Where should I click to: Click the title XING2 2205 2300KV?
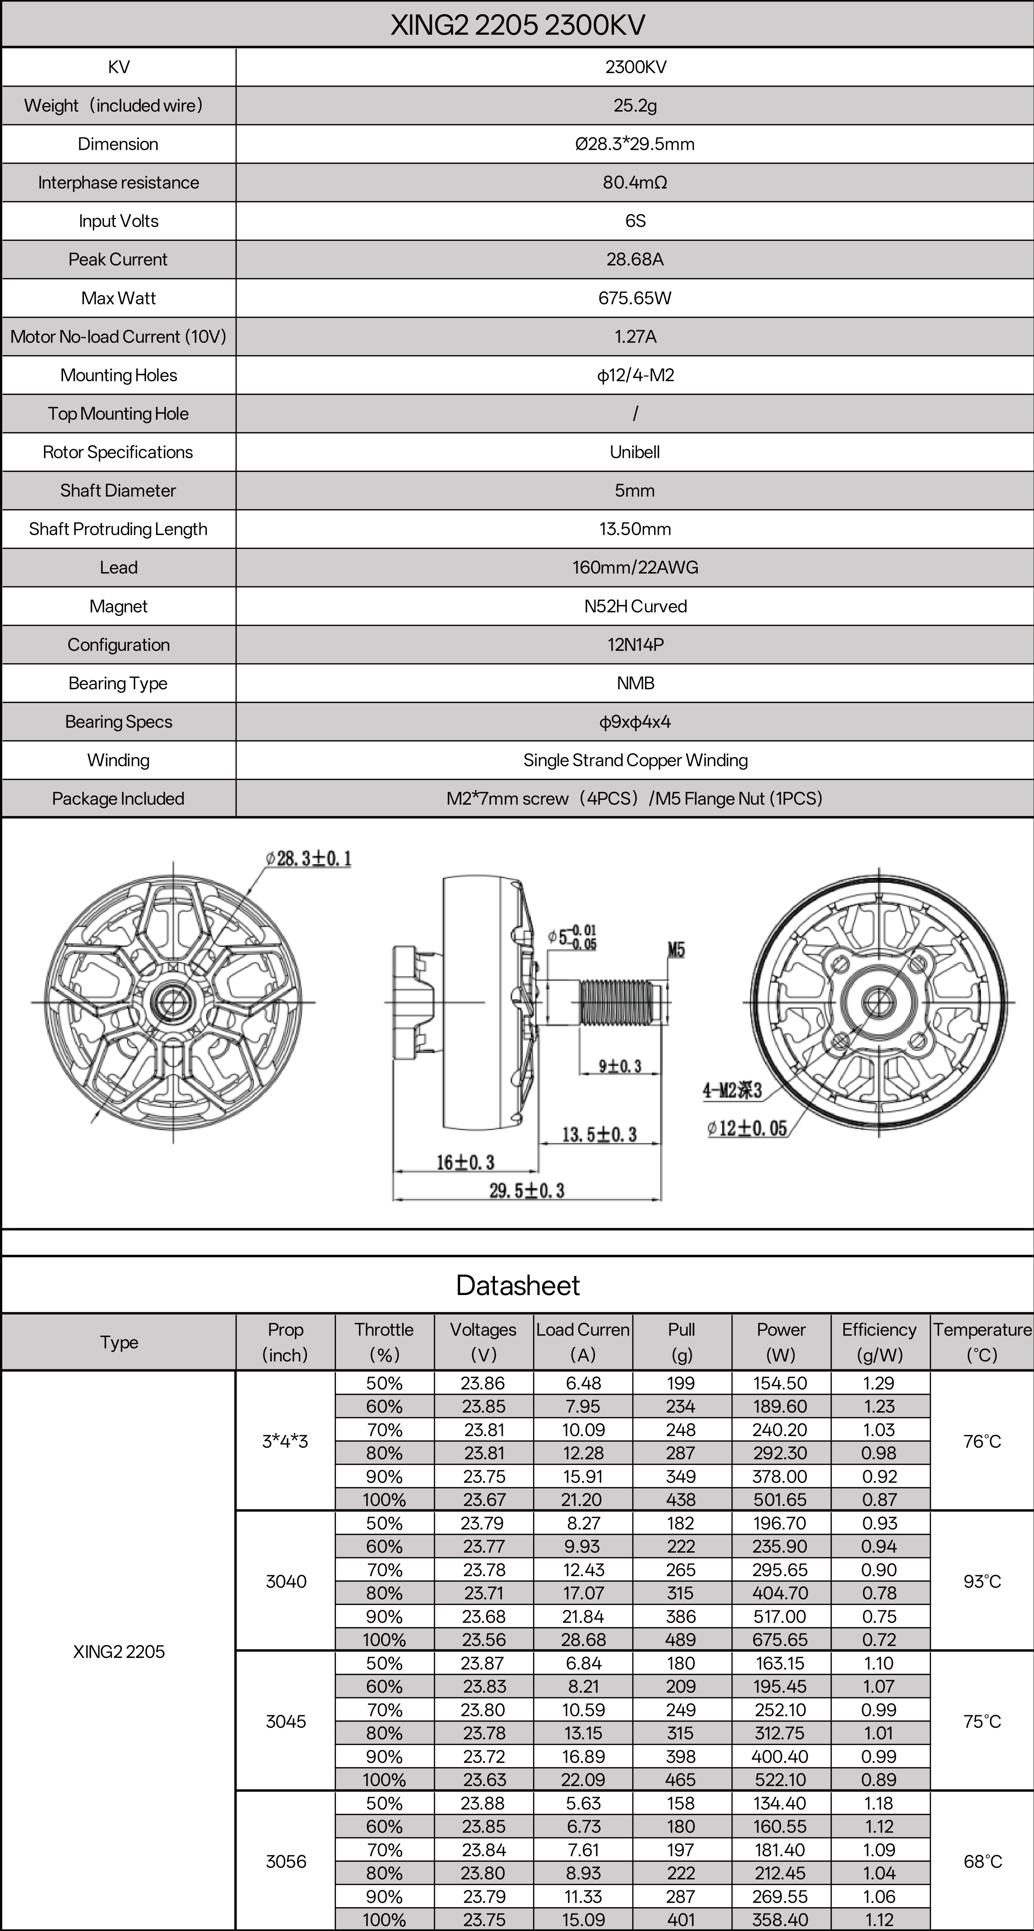pos(517,25)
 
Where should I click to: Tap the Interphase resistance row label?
pos(118,183)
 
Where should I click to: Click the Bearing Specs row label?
pos(118,722)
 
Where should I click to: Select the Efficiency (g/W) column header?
pos(879,1342)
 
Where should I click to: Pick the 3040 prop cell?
pos(286,1581)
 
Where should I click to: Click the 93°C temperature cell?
pos(981,1581)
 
